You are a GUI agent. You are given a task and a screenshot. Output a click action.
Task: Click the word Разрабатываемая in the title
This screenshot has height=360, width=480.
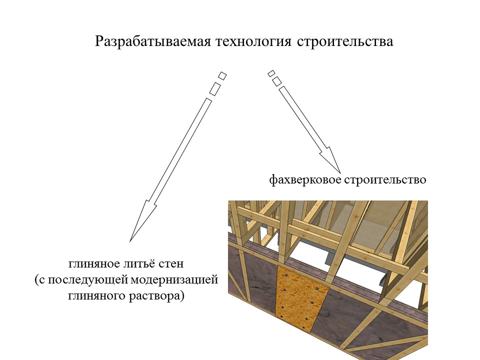point(153,41)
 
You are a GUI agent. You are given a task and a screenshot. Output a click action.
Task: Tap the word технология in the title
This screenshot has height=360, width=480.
point(253,41)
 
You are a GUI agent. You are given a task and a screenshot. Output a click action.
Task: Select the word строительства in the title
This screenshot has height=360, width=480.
point(345,41)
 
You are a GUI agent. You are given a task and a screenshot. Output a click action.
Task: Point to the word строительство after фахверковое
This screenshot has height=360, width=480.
point(385,179)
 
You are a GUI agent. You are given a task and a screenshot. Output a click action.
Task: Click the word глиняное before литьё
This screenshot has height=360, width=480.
point(94,264)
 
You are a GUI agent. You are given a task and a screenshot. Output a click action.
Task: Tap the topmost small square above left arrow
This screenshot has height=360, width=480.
point(222,75)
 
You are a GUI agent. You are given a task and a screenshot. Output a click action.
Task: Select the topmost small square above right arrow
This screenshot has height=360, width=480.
point(271,73)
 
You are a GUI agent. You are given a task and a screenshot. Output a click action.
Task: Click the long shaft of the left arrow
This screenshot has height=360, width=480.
point(179,150)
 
